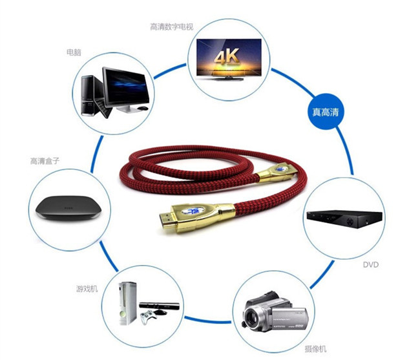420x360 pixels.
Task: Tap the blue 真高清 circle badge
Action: coord(326,112)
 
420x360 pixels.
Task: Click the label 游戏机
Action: coord(86,287)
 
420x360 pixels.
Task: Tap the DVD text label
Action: coord(370,265)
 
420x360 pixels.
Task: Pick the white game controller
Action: coord(151,319)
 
